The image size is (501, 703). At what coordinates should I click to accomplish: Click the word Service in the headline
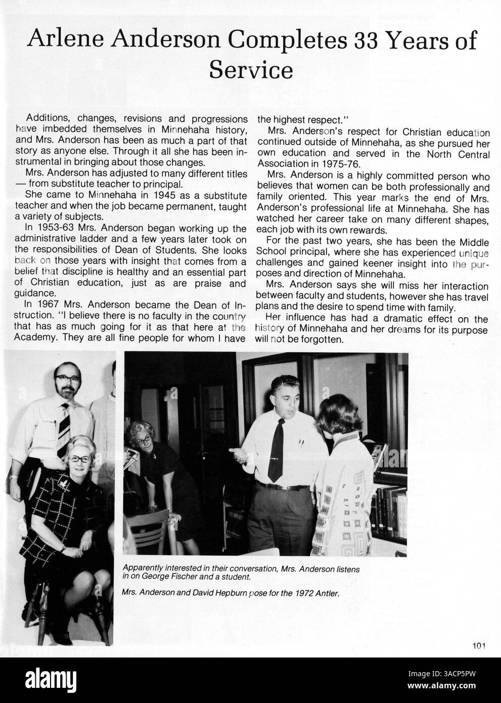pyautogui.click(x=251, y=70)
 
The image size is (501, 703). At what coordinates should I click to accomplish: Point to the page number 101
pyautogui.click(x=479, y=645)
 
